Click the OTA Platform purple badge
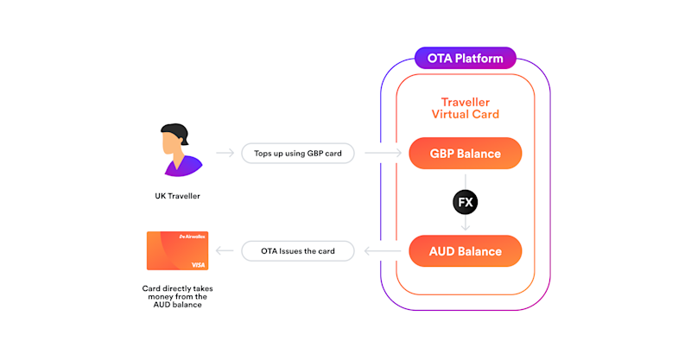(466, 59)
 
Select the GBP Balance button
(466, 154)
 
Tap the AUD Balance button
(466, 251)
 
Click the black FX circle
(466, 202)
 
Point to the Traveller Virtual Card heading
(466, 107)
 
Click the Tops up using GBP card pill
(299, 154)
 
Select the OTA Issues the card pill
(299, 251)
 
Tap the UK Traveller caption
(171, 196)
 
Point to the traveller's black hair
(173, 131)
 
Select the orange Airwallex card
(177, 250)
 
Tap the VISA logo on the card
(198, 264)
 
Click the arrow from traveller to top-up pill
(225, 154)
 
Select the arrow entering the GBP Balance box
(384, 154)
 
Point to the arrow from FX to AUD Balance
(466, 223)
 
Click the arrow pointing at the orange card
(225, 251)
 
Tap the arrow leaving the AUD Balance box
(384, 251)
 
